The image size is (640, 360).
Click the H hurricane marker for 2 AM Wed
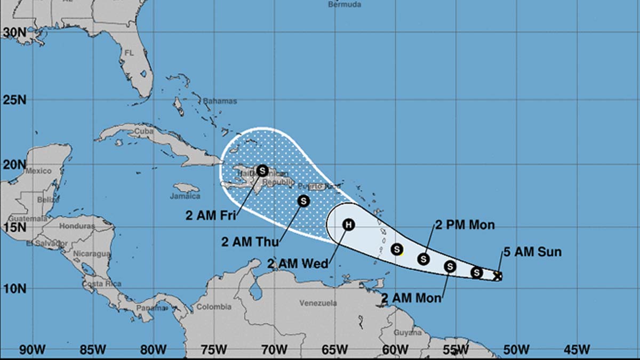click(x=348, y=225)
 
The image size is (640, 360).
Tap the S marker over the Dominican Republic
click(x=262, y=171)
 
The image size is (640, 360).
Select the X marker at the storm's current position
click(x=497, y=276)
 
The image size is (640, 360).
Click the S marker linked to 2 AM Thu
click(x=303, y=201)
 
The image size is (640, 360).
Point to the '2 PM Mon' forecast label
click(x=465, y=225)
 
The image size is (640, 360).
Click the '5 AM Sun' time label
click(x=532, y=252)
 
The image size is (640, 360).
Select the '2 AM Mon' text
click(x=411, y=298)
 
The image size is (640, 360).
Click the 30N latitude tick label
click(x=15, y=33)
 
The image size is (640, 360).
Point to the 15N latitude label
click(x=15, y=227)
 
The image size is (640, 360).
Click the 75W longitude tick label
click(x=212, y=350)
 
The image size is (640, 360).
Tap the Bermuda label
click(x=344, y=5)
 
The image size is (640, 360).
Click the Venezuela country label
click(x=318, y=303)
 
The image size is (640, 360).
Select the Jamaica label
click(x=185, y=196)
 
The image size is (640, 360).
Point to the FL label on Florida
click(x=129, y=53)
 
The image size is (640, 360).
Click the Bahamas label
click(x=220, y=101)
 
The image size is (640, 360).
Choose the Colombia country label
click(x=214, y=307)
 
